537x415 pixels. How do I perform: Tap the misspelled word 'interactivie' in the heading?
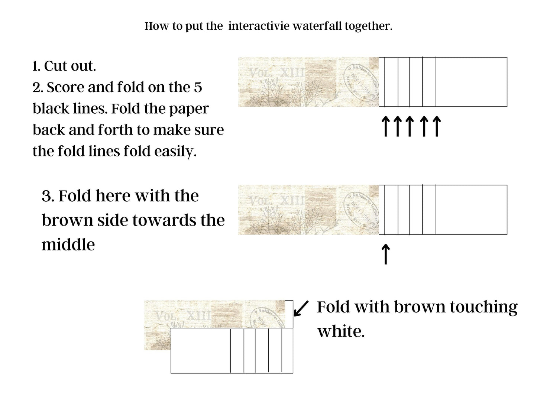coord(259,26)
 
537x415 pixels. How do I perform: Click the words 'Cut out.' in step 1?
coord(70,66)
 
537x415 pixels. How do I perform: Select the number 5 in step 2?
coord(198,87)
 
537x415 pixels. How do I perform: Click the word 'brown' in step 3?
coord(68,220)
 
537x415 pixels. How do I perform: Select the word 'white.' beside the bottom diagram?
coord(341,331)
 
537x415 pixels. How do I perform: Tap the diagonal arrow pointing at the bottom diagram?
coord(301,308)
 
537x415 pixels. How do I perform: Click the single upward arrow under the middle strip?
coord(386,254)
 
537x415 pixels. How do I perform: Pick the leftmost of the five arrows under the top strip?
coord(386,126)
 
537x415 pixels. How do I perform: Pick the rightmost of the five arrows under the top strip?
coord(437,126)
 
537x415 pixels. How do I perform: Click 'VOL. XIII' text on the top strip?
coord(277,73)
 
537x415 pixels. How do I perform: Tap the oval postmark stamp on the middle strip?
coord(361,210)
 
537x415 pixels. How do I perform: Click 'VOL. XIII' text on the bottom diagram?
coord(183,316)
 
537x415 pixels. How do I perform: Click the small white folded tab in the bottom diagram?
coord(289,314)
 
